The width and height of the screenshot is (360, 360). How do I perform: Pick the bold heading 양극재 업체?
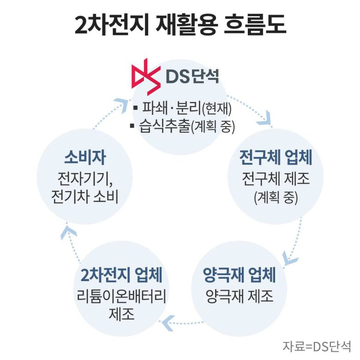[x=239, y=276]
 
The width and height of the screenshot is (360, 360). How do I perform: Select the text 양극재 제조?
[x=239, y=295]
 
